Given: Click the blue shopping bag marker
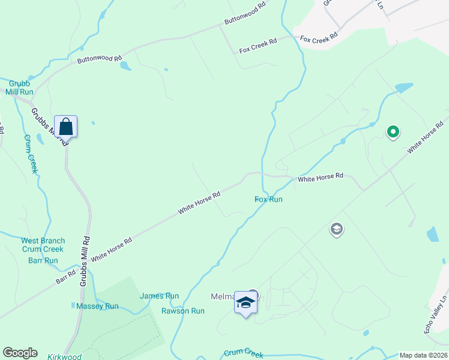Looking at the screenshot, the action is point(66,127).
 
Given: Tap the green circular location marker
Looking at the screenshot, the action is point(393,131).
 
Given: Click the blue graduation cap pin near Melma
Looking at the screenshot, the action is point(245,302).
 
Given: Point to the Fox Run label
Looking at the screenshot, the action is point(268,199).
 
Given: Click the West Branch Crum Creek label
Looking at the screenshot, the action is point(43,245).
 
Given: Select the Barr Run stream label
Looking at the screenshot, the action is point(43,260).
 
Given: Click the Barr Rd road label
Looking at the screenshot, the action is point(66,277).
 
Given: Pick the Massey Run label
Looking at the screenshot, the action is point(98,306).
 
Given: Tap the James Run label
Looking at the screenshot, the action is point(160,296).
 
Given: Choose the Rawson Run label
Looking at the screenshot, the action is point(183,311).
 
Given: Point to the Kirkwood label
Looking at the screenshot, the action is point(64,356).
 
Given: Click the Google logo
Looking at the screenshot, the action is point(20,353).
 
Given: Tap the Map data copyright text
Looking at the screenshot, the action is point(423,355).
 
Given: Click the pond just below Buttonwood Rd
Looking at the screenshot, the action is point(125,65).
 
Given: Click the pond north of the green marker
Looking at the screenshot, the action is point(404,88).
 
